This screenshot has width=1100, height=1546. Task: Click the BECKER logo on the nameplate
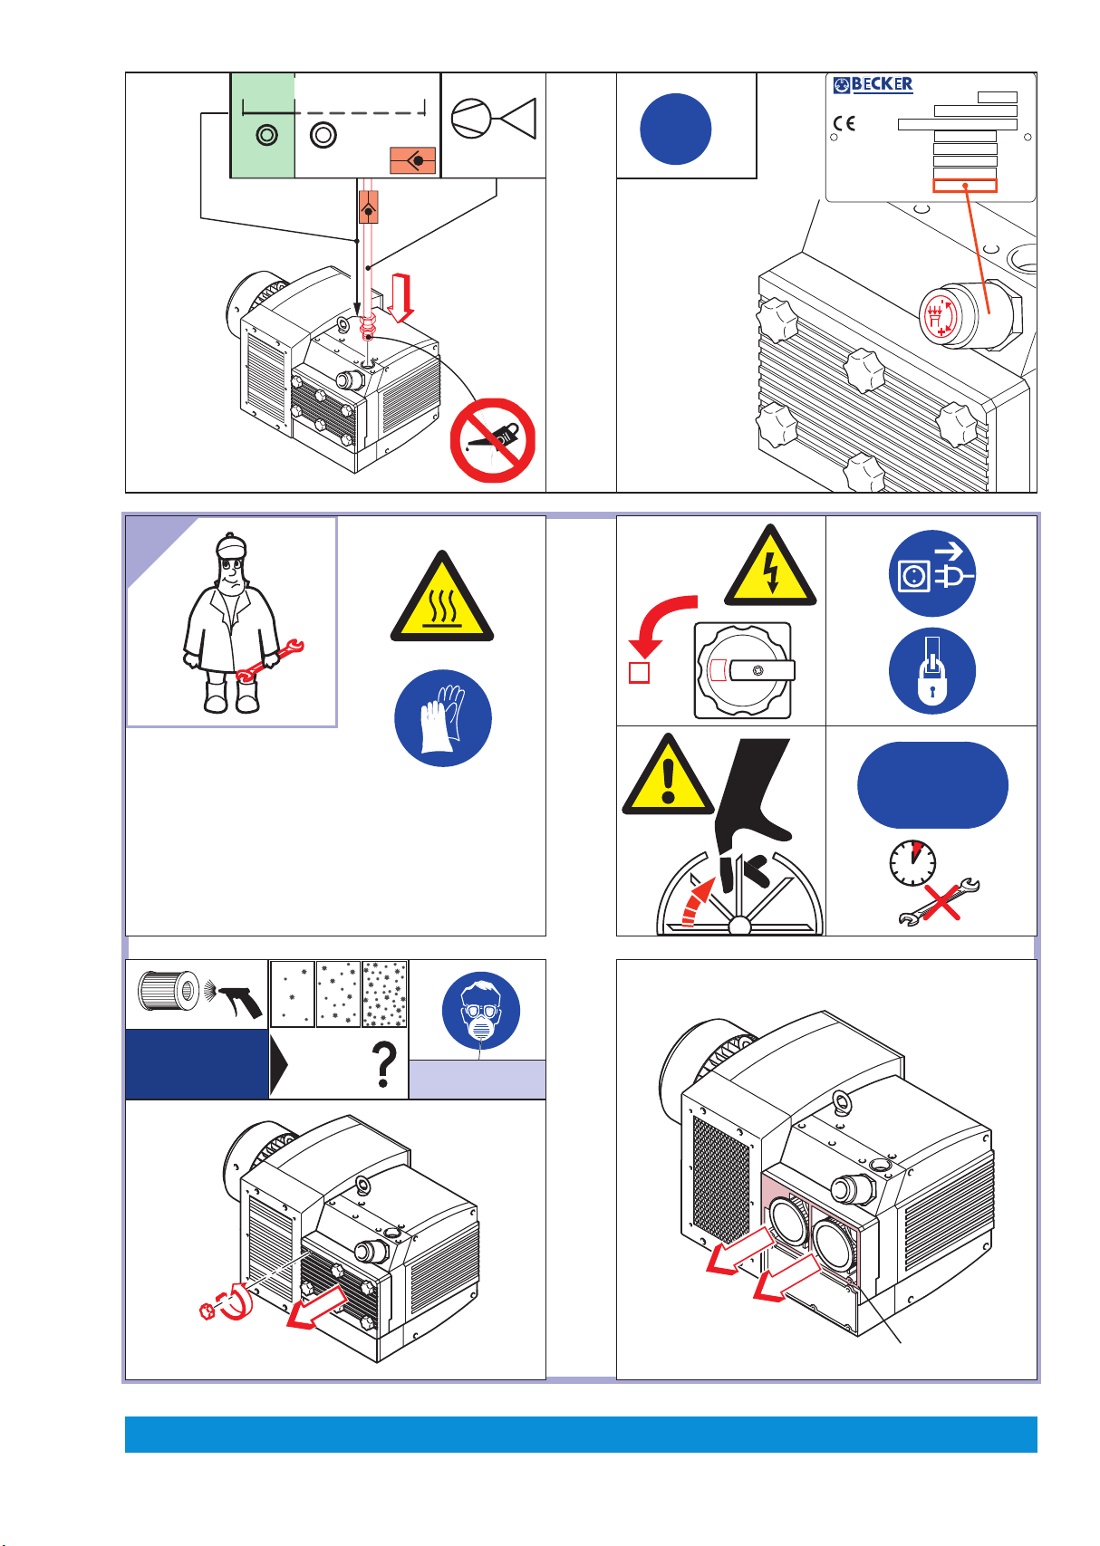point(873,84)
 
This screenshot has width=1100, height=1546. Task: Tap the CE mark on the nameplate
point(844,123)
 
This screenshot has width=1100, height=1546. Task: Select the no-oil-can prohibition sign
point(492,440)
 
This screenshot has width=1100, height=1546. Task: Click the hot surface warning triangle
point(442,596)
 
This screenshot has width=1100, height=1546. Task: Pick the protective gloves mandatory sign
point(442,718)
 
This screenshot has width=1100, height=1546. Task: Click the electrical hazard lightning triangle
point(770,565)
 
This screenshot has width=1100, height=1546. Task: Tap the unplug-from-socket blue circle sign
point(932,573)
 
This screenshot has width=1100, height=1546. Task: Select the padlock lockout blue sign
point(932,670)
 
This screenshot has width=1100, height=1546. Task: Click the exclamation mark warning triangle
point(668,775)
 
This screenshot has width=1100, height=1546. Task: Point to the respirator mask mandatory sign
point(480,1011)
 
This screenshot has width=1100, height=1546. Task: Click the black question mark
point(384,1064)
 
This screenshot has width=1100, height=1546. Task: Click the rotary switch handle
point(762,670)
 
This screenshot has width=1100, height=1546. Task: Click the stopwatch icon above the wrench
point(912,863)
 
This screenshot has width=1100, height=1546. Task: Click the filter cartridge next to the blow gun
point(169,991)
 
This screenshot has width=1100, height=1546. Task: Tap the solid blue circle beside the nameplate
point(675,130)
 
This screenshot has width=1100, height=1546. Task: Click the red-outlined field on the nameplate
point(965,186)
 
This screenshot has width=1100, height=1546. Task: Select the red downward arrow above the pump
point(400,297)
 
